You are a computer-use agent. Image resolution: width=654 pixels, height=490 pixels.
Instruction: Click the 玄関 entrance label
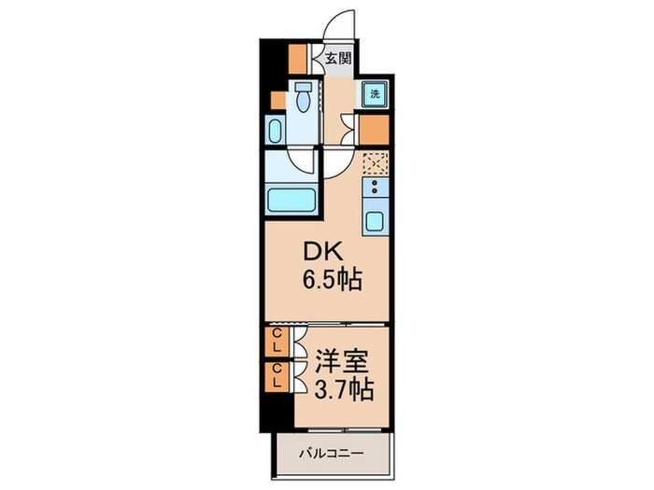338,59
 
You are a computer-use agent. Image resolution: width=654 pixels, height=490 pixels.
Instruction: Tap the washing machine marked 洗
375,93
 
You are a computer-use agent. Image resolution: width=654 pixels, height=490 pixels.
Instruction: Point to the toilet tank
303,87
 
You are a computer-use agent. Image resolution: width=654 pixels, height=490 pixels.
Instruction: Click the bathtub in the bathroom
291,200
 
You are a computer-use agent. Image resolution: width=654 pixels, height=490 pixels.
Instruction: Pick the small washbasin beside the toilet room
276,131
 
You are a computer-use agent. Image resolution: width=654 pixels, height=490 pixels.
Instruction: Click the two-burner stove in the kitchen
375,187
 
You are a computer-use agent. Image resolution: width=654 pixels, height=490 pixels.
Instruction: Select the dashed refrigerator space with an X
376,163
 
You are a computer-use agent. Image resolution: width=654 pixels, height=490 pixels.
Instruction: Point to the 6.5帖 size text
332,280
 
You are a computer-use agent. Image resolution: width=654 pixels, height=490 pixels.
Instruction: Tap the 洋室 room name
342,361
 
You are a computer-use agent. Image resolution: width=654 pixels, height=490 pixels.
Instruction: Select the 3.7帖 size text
343,389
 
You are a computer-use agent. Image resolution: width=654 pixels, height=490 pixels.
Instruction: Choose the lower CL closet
277,376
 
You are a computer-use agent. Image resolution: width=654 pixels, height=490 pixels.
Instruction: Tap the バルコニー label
331,453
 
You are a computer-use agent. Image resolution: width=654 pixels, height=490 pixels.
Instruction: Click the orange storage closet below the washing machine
374,130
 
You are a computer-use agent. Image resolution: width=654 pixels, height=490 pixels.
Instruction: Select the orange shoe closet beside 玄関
298,58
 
